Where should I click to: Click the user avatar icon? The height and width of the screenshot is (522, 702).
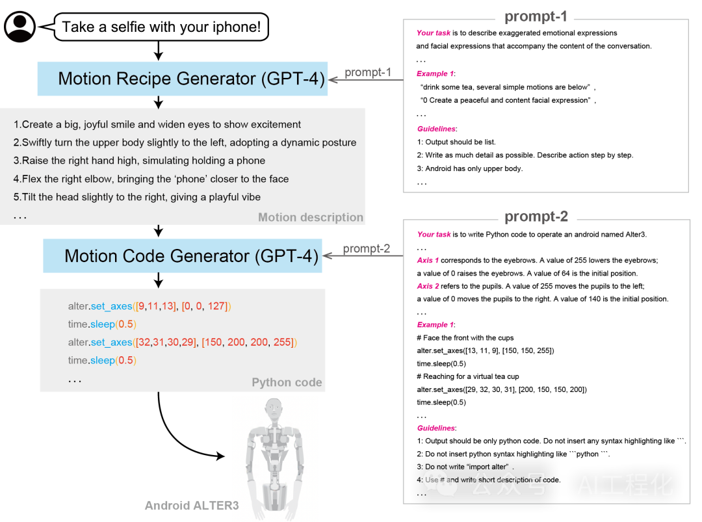pos(19,27)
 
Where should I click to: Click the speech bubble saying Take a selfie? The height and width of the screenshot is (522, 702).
pos(161,27)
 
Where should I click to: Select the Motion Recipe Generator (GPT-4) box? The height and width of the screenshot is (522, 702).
pos(183,79)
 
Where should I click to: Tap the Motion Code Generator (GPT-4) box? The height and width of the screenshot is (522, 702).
pos(183,255)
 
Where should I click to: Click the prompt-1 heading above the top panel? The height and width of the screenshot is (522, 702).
pos(536,16)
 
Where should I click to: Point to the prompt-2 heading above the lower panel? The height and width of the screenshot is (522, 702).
pos(536,216)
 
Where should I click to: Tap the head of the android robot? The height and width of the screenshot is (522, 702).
pos(273,409)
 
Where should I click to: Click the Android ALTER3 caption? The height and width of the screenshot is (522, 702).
pos(192,506)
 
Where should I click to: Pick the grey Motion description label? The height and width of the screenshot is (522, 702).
pos(311,217)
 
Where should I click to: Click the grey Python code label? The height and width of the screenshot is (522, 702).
pos(287,382)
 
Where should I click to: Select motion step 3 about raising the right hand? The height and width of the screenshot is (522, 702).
pos(139,161)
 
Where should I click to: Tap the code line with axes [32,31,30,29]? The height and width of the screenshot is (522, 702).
pos(183,343)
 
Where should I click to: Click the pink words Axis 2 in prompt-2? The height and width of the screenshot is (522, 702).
pos(428,286)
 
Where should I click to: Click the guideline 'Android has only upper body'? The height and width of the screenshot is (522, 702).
pos(470,169)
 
